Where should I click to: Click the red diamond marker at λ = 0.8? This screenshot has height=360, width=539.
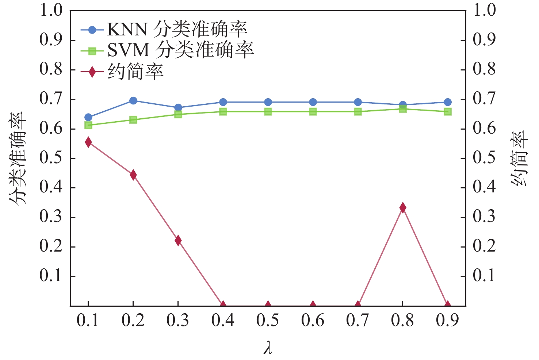tap(403, 208)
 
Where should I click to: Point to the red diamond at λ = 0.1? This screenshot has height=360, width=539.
tap(88, 142)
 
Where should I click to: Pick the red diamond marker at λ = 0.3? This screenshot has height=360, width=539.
tap(178, 240)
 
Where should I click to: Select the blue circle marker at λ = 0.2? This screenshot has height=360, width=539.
tap(133, 100)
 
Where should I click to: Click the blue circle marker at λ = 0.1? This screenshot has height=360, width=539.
tap(88, 117)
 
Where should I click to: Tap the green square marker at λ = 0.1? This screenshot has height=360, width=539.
tap(88, 125)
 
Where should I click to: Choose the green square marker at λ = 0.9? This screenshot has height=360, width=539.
tap(448, 112)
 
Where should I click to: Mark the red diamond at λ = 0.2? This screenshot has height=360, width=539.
tap(133, 175)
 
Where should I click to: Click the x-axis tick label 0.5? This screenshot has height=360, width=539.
tap(268, 320)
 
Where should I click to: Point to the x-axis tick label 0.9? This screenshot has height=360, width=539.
tap(448, 320)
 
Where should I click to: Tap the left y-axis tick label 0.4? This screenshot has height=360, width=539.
tap(51, 187)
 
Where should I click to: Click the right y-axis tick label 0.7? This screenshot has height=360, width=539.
tap(484, 99)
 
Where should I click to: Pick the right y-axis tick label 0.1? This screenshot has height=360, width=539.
tap(484, 276)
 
